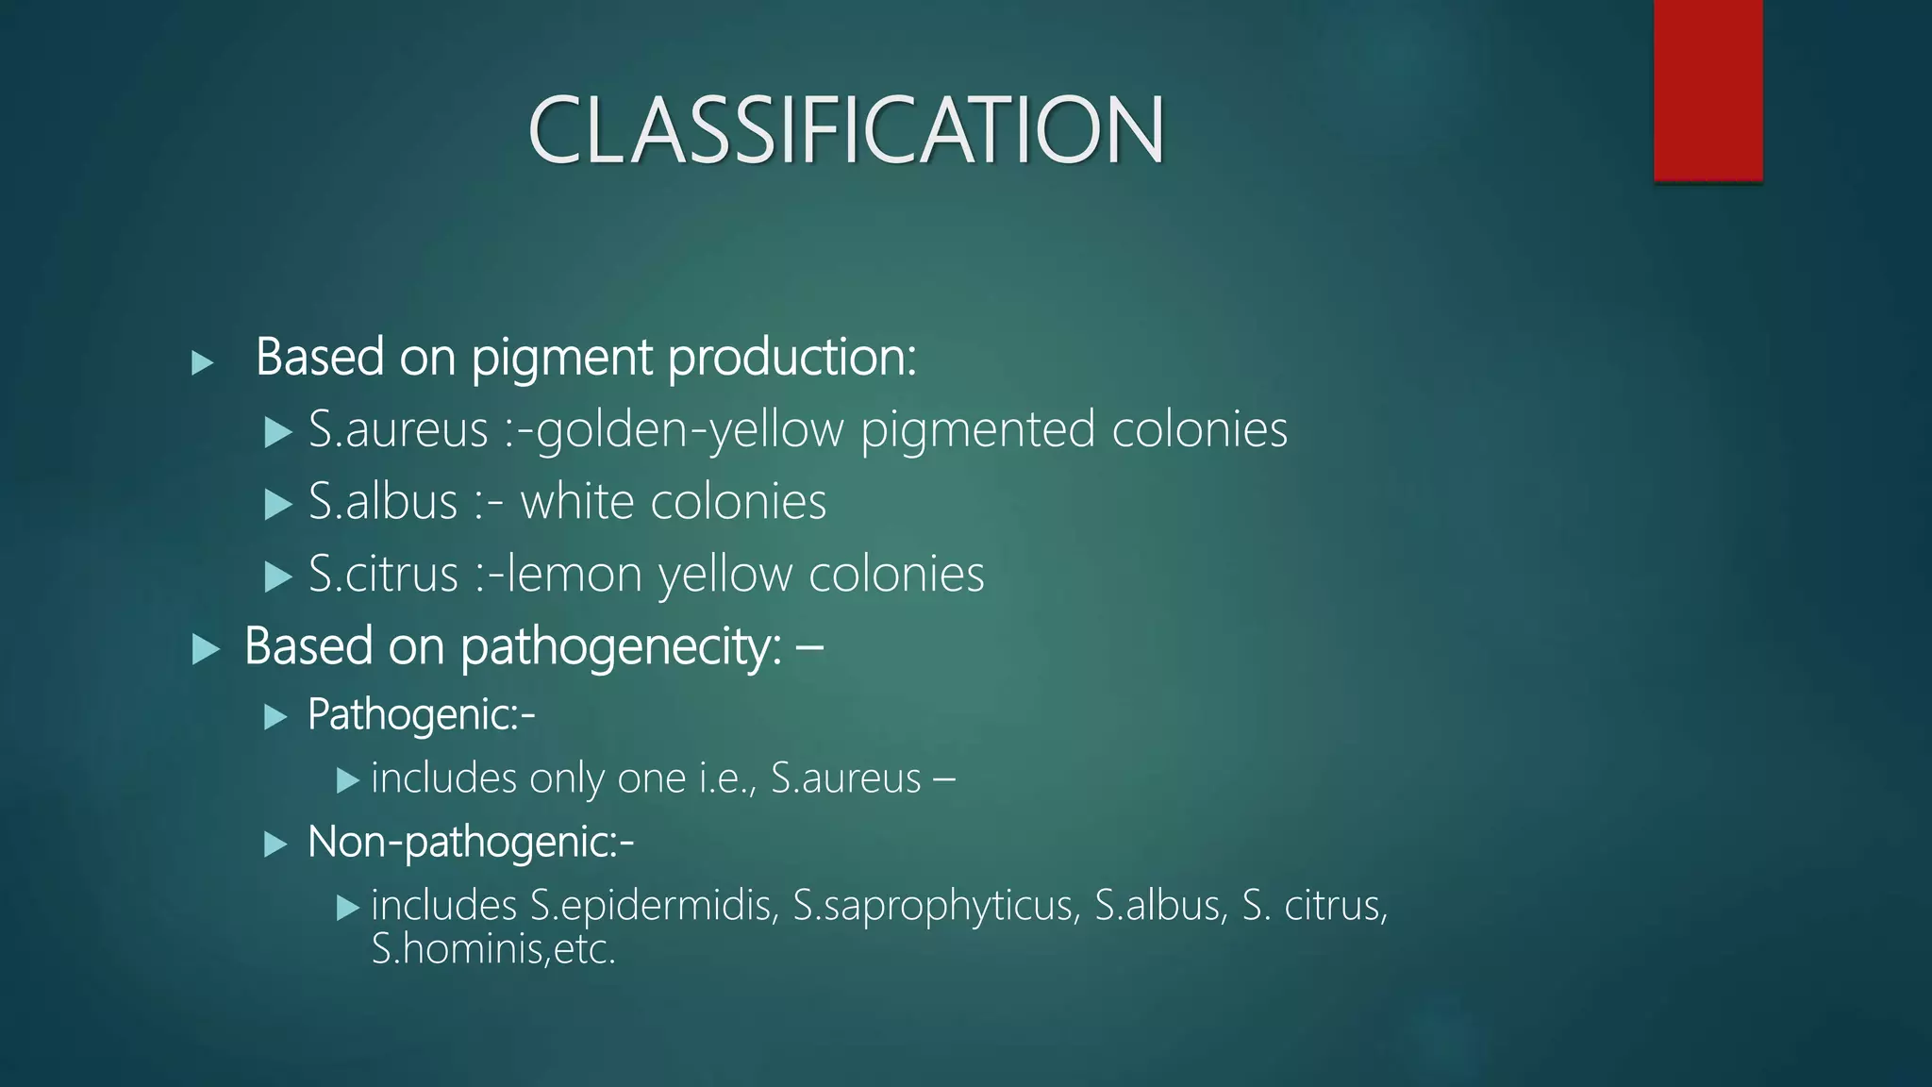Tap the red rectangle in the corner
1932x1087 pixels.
point(1707,90)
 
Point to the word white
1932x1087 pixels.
point(576,501)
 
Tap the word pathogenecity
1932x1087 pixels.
point(620,647)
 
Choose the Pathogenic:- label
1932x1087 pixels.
point(421,714)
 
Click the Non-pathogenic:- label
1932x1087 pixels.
point(470,842)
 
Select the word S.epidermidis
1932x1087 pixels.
point(654,906)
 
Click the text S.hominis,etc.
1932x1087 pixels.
point(492,949)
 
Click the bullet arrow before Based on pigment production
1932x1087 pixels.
point(202,362)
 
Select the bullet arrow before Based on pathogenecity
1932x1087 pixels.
point(205,649)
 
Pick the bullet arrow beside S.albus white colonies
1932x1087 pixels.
point(277,505)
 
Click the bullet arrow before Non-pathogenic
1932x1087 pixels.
point(275,844)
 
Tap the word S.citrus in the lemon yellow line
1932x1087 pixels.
point(383,574)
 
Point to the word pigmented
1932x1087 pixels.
point(977,430)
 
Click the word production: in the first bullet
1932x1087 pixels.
point(791,358)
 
